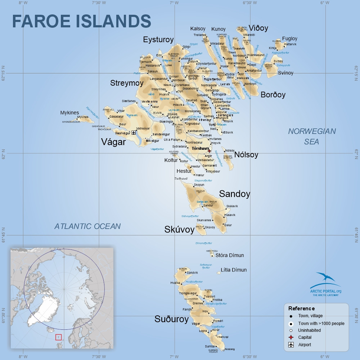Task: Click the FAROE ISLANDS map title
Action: [81, 21]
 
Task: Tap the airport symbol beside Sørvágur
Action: [134, 133]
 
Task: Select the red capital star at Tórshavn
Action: [210, 151]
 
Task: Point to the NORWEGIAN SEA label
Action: [311, 136]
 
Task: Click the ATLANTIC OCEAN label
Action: [87, 226]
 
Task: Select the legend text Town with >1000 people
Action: [321, 323]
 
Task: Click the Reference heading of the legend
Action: [301, 309]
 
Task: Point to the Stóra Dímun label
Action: [229, 255]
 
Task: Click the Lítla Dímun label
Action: [234, 270]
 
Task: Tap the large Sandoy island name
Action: [234, 194]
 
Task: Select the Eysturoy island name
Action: [158, 40]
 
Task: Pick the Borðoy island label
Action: [273, 95]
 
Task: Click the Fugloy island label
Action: [290, 39]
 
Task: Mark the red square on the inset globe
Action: [58, 337]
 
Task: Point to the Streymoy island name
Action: [127, 83]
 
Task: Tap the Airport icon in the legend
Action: [291, 345]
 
